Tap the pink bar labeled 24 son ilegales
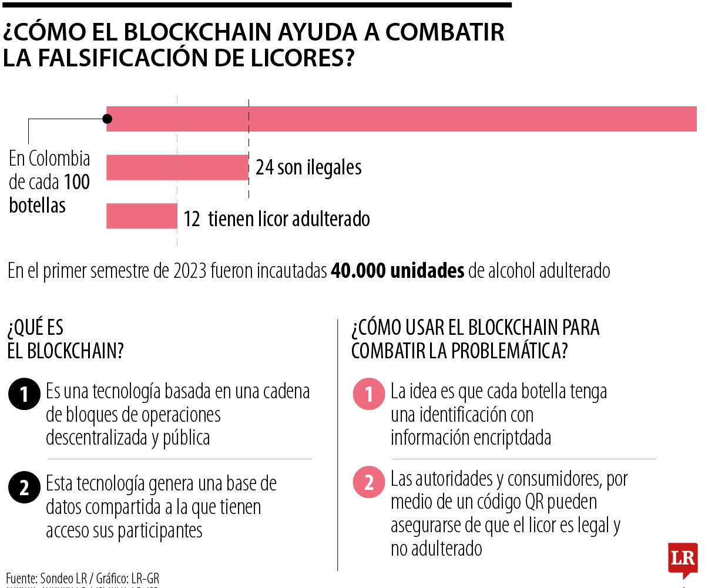click(177, 167)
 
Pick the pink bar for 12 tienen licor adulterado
click(141, 216)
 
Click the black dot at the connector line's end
click(107, 119)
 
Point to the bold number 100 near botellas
click(77, 182)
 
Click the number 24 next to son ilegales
click(265, 168)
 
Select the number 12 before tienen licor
click(192, 219)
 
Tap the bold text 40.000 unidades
click(398, 271)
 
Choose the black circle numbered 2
click(24, 488)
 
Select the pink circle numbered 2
click(368, 483)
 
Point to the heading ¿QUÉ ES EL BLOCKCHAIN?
click(65, 340)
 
